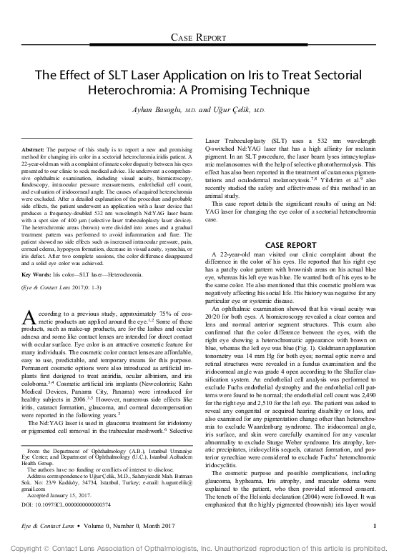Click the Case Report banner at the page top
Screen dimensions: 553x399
(x=199, y=36)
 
